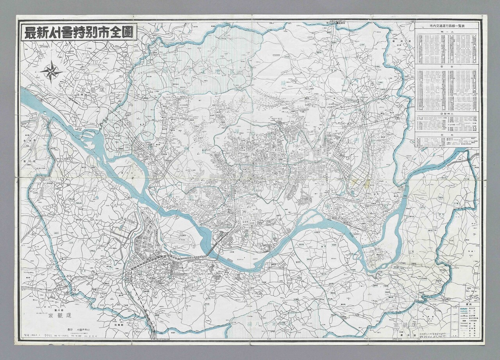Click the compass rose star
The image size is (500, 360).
click(51, 72)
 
